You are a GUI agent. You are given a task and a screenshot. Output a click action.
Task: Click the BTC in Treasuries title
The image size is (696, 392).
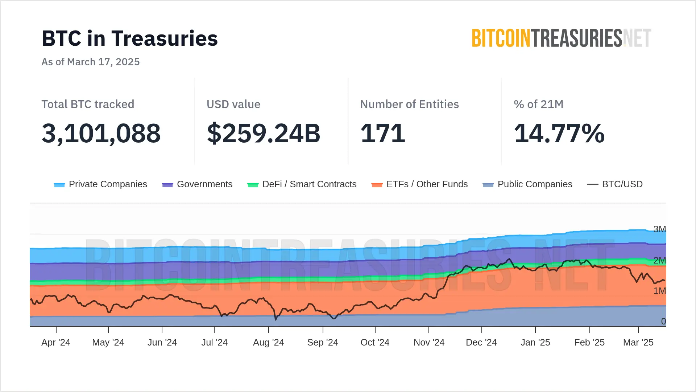pos(130,38)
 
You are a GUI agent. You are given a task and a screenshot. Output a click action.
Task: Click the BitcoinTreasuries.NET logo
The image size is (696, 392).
pos(561,38)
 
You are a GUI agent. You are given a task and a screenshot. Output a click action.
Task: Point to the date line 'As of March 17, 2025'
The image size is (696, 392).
pos(91,62)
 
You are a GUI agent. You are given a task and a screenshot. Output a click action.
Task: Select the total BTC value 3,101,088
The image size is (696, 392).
pos(101,133)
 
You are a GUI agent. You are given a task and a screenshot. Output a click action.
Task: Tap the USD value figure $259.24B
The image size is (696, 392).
pos(264,133)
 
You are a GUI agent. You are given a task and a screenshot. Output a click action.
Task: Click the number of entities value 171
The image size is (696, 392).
pos(383,133)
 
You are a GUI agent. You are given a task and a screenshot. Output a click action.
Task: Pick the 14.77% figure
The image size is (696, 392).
pos(559,133)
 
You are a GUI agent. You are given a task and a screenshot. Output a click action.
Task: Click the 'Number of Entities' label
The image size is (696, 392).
pos(410,105)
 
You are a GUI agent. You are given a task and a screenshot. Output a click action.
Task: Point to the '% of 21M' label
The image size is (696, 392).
pos(539,105)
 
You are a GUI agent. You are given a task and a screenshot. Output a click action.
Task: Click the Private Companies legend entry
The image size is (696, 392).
pos(101,184)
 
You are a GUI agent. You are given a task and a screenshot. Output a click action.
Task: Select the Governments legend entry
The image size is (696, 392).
pos(198,184)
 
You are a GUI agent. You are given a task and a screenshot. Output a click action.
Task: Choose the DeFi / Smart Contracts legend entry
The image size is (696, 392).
pos(302,184)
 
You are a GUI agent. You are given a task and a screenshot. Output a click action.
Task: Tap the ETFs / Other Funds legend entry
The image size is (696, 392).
pos(420,184)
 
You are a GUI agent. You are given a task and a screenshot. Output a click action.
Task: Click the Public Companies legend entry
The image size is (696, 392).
pos(528,184)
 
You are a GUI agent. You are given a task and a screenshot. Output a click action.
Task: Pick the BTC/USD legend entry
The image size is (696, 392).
pos(615,184)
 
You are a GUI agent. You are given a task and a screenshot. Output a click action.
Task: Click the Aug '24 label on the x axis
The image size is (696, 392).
pos(269,343)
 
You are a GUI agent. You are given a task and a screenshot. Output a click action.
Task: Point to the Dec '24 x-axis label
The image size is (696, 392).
pos(481,343)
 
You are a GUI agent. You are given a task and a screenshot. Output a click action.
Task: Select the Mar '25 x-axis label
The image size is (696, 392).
pos(638,343)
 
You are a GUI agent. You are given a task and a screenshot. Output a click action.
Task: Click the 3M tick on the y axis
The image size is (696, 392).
pos(659,229)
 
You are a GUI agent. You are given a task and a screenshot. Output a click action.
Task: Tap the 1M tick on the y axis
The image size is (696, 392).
pos(659,291)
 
